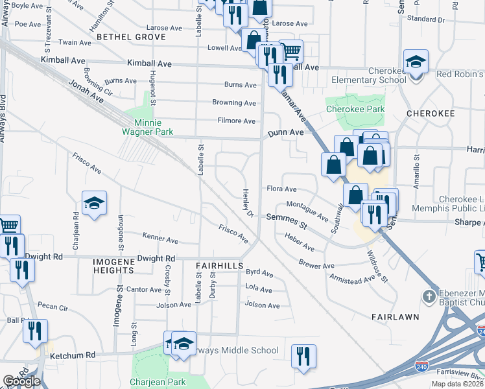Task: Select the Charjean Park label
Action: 158,382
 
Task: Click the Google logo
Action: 21,382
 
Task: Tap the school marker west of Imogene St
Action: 94,203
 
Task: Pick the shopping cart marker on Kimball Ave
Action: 291,51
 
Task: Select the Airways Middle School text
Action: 237,351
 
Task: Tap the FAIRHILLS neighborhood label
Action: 219,266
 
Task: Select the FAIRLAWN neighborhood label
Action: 393,317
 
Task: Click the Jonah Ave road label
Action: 86,93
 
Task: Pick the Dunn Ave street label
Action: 285,132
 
